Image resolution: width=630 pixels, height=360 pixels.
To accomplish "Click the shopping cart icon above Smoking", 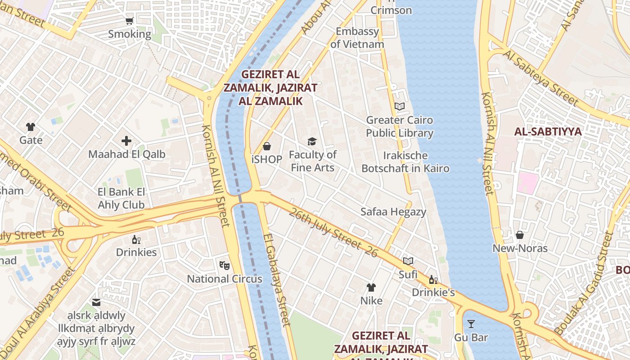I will (x=130, y=21).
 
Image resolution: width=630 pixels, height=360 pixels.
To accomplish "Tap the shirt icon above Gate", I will (x=31, y=127).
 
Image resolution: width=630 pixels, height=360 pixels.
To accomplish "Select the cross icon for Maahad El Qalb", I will (x=126, y=141).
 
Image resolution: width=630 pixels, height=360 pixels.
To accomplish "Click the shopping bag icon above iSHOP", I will (x=267, y=146).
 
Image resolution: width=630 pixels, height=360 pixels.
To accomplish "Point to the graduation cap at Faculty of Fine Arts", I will (x=312, y=142).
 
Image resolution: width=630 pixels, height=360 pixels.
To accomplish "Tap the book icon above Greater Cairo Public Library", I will (x=400, y=107).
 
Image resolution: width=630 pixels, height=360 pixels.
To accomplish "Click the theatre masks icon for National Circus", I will (x=225, y=265).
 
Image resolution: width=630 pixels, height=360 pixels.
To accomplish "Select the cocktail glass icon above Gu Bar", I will (x=471, y=324).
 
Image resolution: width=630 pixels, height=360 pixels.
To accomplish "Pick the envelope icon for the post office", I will (x=97, y=302).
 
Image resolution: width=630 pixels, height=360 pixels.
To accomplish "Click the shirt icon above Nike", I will (x=371, y=288).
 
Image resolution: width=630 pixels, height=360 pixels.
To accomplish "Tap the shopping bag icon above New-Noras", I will (x=520, y=235).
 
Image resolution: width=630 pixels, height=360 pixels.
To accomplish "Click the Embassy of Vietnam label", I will (x=357, y=38).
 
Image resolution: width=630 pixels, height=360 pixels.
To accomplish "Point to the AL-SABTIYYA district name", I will (x=548, y=132).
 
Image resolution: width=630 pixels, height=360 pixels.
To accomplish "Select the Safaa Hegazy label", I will (x=393, y=212).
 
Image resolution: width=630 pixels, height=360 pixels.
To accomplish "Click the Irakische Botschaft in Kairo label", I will (x=405, y=162).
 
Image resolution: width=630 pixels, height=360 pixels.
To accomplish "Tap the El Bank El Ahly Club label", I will (x=121, y=198).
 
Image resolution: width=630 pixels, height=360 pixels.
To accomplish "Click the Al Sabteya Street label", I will (x=541, y=77).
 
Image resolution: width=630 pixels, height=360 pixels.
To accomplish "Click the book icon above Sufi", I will (x=408, y=261).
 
